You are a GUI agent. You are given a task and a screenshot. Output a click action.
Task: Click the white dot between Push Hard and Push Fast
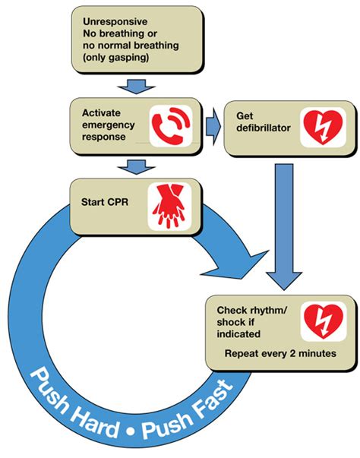tap(130, 432)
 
